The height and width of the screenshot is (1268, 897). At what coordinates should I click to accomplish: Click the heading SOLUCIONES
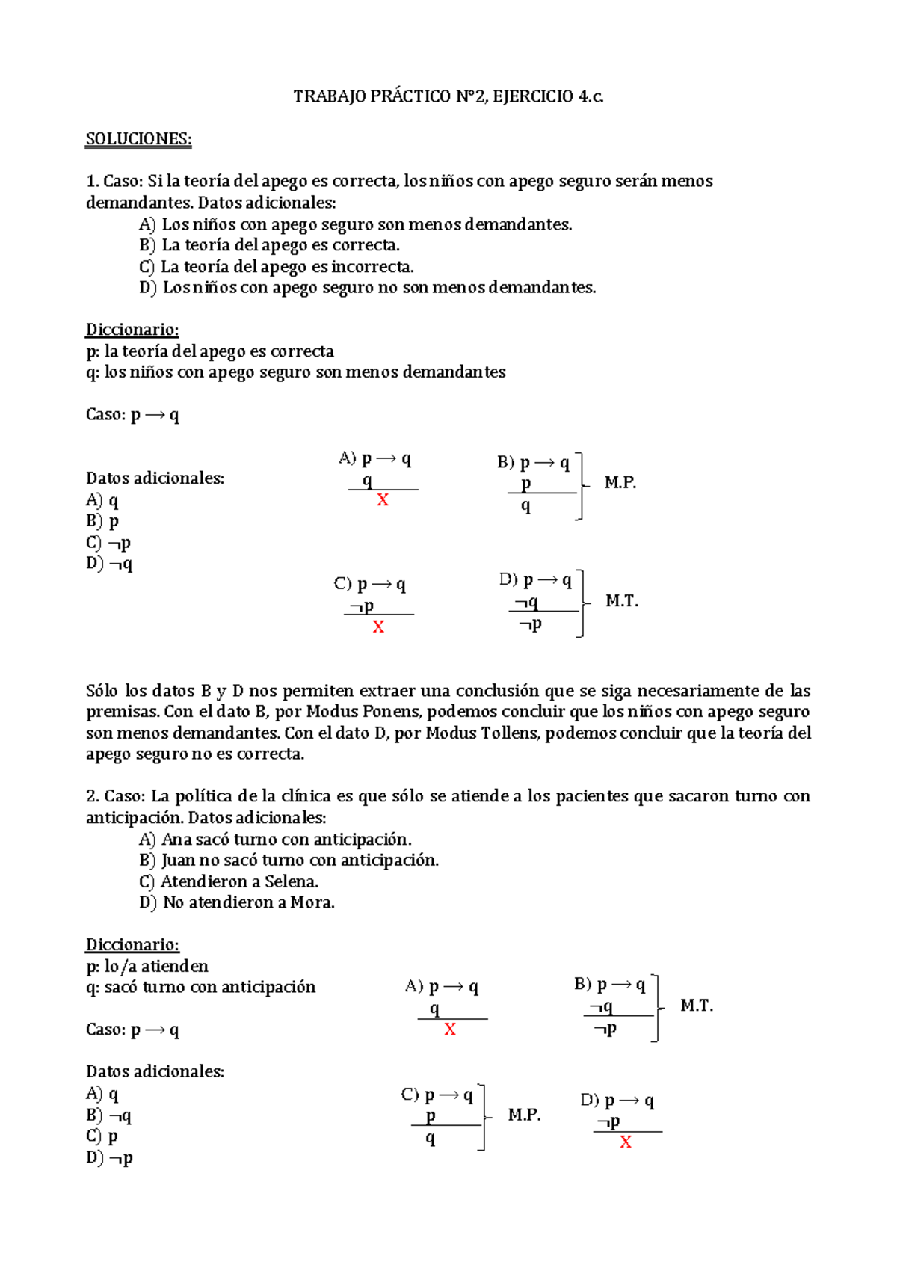138,139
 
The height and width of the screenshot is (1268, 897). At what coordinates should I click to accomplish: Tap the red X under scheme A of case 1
383,500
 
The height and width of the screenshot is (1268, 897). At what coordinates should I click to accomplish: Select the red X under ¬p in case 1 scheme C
378,627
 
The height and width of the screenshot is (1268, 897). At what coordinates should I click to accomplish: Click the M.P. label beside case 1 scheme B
620,483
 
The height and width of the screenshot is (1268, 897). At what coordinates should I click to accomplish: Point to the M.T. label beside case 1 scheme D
621,601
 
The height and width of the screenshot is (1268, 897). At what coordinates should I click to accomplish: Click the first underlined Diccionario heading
132,330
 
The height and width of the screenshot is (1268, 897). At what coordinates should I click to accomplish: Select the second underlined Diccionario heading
132,945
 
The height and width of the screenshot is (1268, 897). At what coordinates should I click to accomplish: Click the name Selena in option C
291,881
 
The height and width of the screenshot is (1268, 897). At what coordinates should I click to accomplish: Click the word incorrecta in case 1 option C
372,267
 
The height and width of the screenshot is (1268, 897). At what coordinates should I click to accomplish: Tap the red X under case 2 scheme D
626,1142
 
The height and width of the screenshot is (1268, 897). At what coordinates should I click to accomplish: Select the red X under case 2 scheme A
450,1030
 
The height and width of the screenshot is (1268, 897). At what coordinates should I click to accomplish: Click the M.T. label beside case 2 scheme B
696,1006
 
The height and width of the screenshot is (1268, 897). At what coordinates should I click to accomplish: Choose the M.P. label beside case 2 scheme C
524,1115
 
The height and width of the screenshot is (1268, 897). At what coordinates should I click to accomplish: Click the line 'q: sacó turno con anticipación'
200,988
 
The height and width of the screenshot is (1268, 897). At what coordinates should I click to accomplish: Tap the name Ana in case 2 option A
176,840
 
